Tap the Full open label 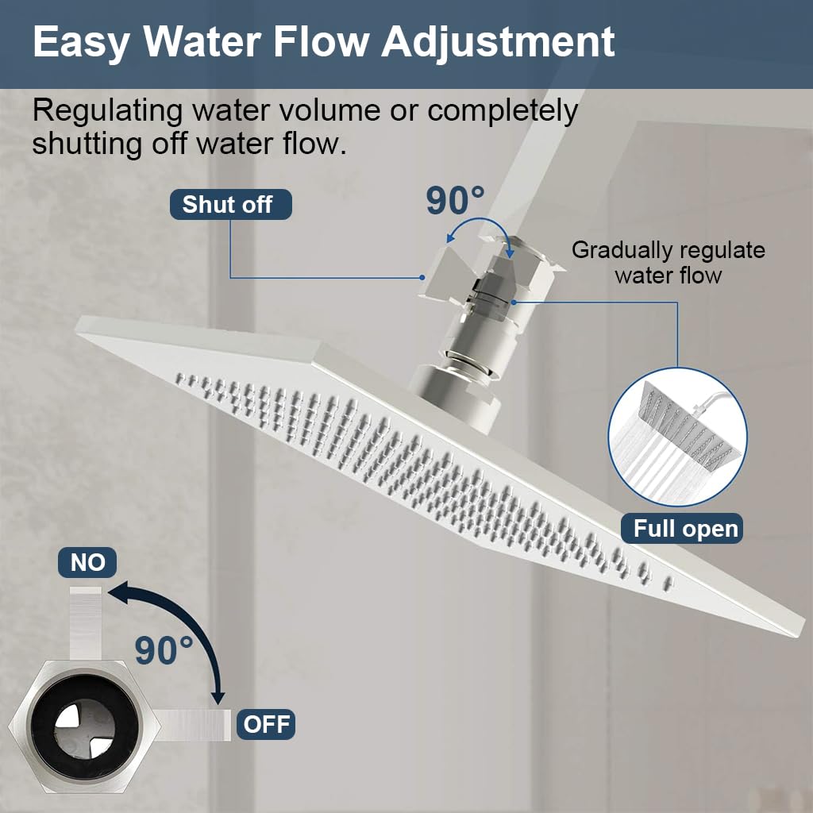coord(685,529)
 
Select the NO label coord(87,563)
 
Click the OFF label coord(266,724)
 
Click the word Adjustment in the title coord(498,41)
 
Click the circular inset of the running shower coord(677,437)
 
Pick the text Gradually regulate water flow coord(669,263)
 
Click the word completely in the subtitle coord(503,111)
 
